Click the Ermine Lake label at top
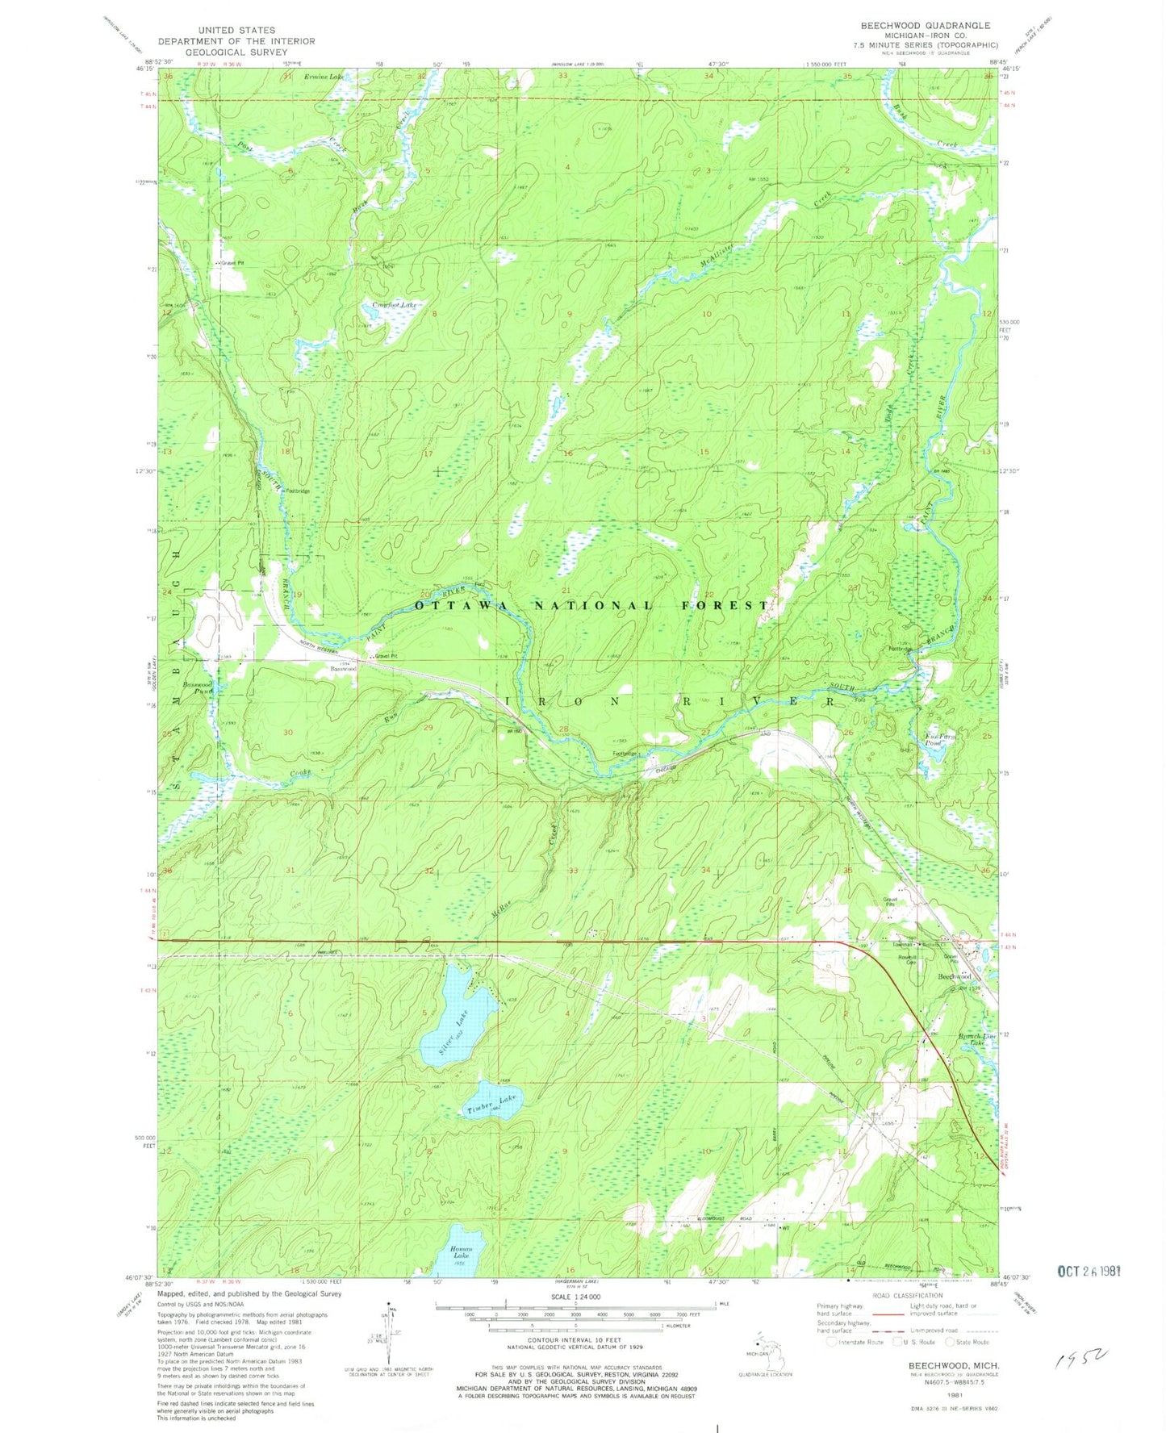click(x=324, y=77)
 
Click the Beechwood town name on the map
click(x=955, y=976)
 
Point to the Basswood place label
click(x=342, y=669)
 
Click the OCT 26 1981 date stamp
click(x=1090, y=1271)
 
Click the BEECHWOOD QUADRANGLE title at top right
click(x=925, y=26)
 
